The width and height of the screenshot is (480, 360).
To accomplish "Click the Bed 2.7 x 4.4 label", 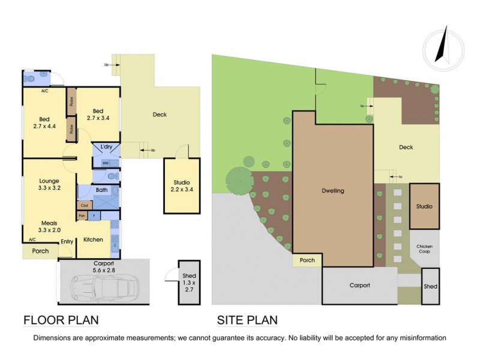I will pos(44,122).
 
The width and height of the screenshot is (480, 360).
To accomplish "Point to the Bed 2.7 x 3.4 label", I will pos(97,114).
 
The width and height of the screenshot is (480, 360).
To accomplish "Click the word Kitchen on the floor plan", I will pos(93,239).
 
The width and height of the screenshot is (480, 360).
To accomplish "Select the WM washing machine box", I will pos(105,163).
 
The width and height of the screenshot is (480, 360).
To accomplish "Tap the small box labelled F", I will pos(94,215).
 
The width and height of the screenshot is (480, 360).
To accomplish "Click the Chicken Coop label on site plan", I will pos(425,250).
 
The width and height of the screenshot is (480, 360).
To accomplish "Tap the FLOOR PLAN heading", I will pos(61,320).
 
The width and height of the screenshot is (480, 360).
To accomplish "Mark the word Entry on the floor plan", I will pos(67,242).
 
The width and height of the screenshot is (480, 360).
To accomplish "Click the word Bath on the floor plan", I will pos(101,190).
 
